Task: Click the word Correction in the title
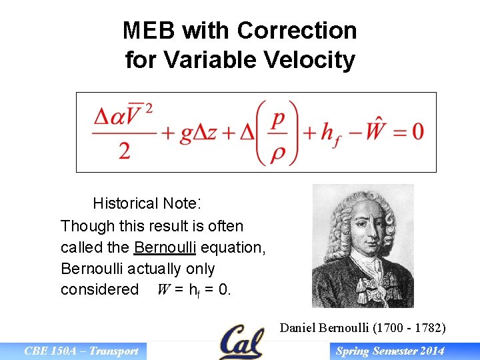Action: tap(297, 31)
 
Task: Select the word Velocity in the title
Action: tap(315, 60)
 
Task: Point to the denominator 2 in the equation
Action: tap(124, 150)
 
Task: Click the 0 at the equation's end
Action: tap(417, 132)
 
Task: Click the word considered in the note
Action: tap(99, 290)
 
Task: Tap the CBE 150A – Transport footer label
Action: tap(81, 351)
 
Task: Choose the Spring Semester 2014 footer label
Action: tap(390, 351)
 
